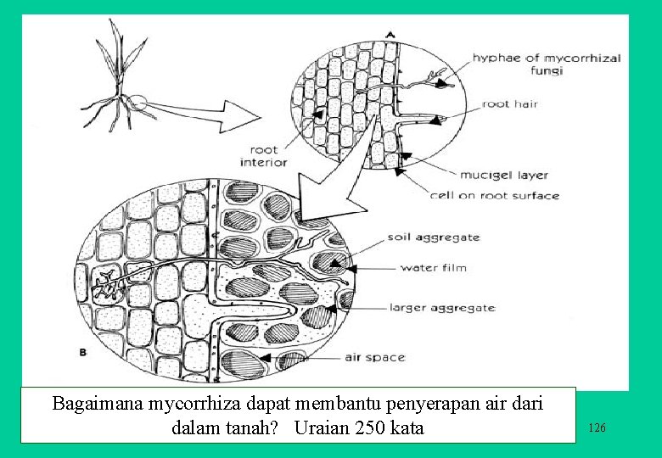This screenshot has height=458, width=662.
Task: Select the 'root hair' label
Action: (509, 104)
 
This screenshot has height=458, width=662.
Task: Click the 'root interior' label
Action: (263, 156)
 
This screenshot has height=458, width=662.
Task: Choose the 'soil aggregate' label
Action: (433, 237)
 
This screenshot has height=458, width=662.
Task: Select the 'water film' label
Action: (433, 268)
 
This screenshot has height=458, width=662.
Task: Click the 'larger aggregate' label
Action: (442, 308)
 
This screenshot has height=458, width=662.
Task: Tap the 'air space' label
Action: (374, 357)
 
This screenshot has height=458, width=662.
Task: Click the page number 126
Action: (597, 428)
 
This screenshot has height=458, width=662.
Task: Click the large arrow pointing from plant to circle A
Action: (204, 112)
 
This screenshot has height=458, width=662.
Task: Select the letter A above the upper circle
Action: (390, 33)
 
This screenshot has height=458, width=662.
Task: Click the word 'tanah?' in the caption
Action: (253, 427)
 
